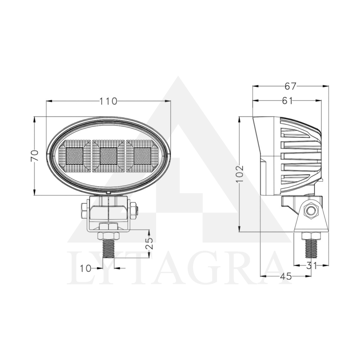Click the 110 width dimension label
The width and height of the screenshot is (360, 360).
[108, 101]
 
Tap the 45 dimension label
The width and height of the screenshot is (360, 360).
[285, 276]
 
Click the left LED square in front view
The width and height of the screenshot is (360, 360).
[73, 156]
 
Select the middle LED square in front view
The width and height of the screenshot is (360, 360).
[109, 156]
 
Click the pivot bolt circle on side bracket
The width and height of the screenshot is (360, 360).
[310, 211]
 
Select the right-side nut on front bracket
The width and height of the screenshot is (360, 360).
[134, 209]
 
